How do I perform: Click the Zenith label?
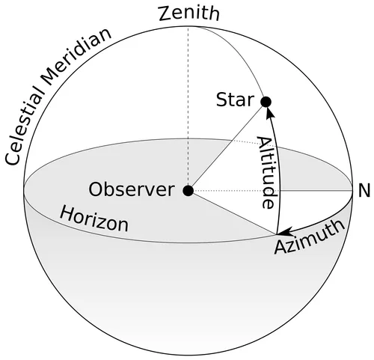click(188, 13)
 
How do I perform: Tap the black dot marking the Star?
click(265, 101)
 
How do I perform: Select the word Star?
click(235, 100)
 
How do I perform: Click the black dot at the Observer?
click(188, 190)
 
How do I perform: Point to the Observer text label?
click(131, 189)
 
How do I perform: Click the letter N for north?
click(364, 191)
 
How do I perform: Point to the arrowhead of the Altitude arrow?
click(269, 112)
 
